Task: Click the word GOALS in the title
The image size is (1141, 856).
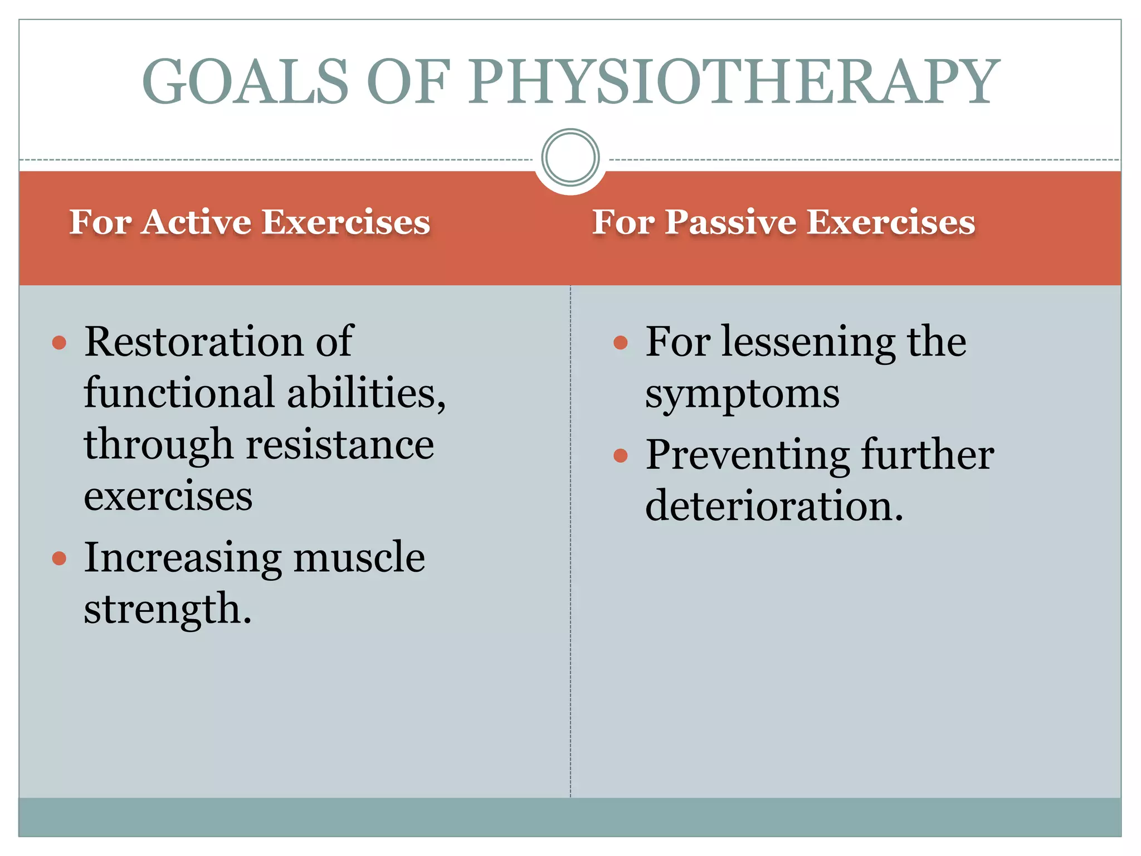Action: (x=245, y=82)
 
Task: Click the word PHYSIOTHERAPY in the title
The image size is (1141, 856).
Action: (x=733, y=82)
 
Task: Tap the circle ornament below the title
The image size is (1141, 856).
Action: (x=570, y=158)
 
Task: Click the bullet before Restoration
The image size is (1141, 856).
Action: (x=59, y=342)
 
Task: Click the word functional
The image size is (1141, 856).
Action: (x=179, y=393)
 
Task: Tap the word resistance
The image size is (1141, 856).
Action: (x=340, y=445)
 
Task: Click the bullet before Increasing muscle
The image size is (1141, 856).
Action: (x=59, y=558)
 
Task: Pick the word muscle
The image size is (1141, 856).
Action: (x=359, y=557)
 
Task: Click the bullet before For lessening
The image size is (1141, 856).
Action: (x=620, y=342)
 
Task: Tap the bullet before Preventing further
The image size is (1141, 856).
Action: (x=620, y=456)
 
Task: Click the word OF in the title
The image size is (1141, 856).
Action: (x=408, y=82)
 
